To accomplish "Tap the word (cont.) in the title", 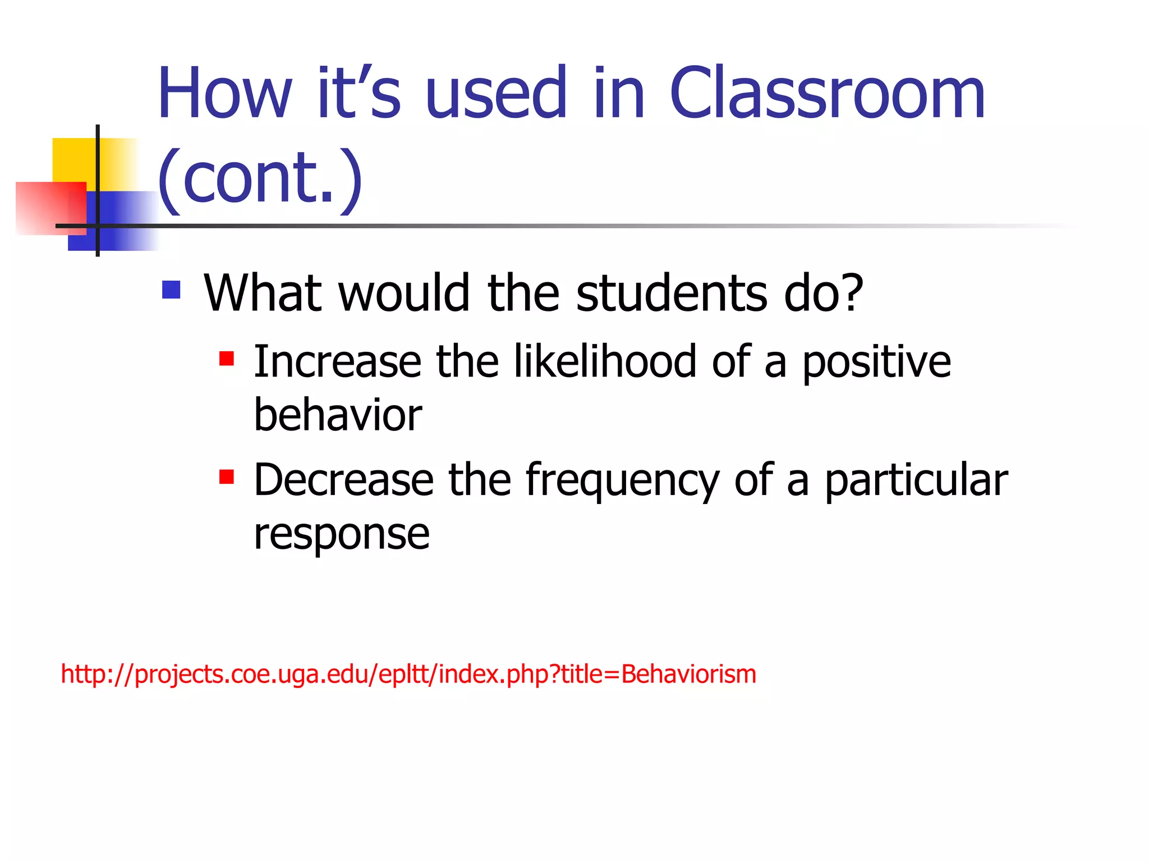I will (260, 178).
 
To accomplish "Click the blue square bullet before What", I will (171, 290).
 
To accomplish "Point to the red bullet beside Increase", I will (227, 358).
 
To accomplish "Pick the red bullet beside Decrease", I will (227, 477).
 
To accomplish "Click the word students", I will (671, 293).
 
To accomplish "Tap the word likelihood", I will (605, 361).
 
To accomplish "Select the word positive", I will (876, 363).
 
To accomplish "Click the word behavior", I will (338, 415).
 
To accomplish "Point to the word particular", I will (916, 482).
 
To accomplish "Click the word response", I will (342, 534).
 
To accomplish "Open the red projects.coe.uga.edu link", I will (408, 675).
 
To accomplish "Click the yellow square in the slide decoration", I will (73, 159).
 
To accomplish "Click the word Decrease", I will (344, 480).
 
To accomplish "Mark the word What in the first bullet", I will (263, 293).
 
